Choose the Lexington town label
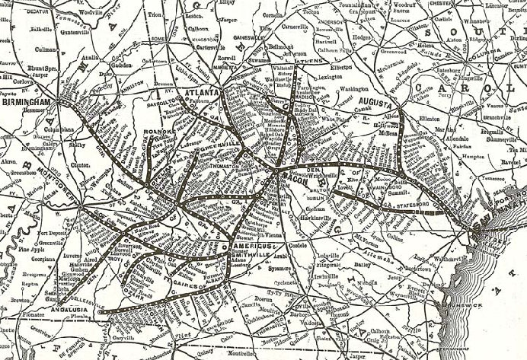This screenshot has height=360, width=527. (333, 77)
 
